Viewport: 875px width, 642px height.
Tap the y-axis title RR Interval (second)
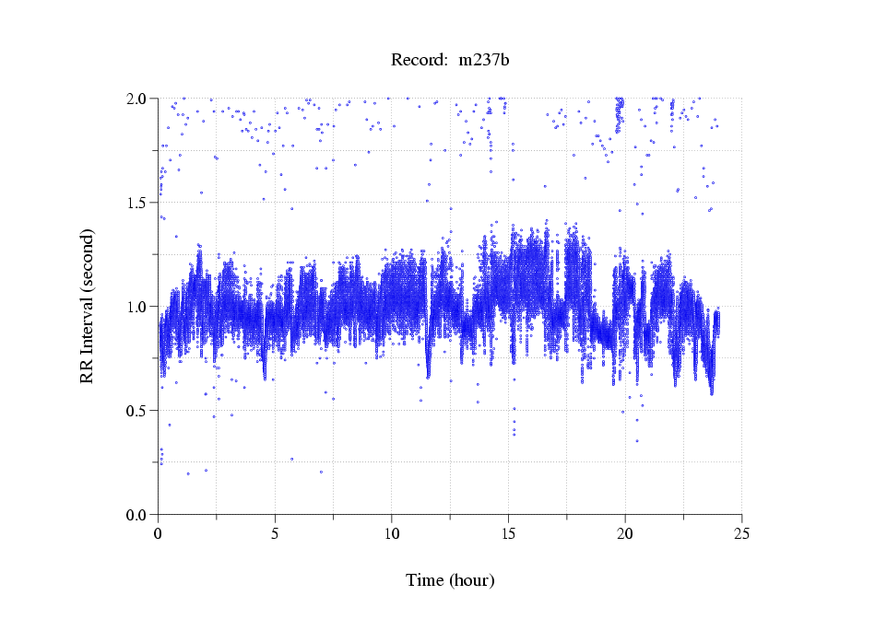click(88, 306)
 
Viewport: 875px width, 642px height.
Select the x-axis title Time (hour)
click(450, 580)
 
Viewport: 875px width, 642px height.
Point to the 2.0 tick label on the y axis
click(140, 99)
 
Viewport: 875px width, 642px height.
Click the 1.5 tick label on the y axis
click(140, 203)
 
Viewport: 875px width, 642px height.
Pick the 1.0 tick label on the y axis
click(140, 307)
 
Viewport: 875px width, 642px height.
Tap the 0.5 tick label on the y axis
click(140, 411)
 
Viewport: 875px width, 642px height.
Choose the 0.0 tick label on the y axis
click(140, 515)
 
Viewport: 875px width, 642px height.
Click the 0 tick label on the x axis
click(158, 533)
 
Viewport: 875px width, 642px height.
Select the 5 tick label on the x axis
click(275, 533)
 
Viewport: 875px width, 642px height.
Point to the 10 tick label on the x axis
click(392, 533)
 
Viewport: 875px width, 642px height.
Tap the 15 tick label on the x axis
click(508, 533)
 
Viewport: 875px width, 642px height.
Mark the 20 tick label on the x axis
click(625, 533)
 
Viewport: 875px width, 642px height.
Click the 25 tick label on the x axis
click(742, 533)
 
